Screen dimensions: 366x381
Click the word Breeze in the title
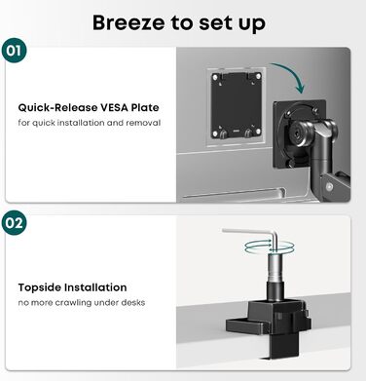(128, 22)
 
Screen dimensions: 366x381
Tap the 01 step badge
(14, 51)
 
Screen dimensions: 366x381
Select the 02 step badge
(14, 223)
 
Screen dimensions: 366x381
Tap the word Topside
(39, 287)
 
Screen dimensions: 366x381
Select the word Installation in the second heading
(95, 287)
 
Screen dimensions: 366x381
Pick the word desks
(133, 302)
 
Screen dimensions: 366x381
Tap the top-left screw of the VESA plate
(215, 77)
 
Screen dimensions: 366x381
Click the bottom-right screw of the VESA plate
(258, 132)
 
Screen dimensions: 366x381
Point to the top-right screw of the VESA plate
(258, 77)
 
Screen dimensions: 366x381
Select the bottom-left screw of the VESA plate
(215, 133)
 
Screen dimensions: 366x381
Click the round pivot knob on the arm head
(296, 133)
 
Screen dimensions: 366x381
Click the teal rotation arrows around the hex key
(270, 247)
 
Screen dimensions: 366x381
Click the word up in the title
(251, 24)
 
